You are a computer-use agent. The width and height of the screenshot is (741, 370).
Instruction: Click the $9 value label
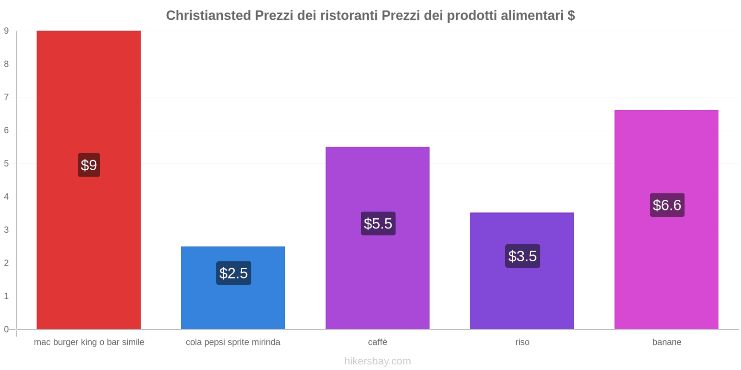[89, 165]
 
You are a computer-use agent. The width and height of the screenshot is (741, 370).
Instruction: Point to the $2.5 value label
[233, 273]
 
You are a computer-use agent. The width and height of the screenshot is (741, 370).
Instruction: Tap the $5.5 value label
[378, 223]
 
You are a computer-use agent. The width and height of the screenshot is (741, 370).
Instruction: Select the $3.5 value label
[522, 256]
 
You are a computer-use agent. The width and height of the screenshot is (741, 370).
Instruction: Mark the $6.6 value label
[667, 205]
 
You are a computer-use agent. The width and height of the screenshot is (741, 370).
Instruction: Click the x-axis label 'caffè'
[377, 342]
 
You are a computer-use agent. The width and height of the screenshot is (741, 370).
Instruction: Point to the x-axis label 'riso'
[522, 342]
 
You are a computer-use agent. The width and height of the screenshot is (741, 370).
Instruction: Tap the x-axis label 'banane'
[666, 342]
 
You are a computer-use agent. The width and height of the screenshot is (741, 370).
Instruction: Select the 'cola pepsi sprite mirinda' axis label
[233, 342]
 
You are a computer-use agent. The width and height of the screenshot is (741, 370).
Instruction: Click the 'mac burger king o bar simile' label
[89, 342]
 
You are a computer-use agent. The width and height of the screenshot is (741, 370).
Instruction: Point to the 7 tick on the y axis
[6, 97]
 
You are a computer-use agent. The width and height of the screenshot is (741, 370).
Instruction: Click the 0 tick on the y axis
[6, 329]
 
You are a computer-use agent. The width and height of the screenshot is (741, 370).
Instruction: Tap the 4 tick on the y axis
[6, 197]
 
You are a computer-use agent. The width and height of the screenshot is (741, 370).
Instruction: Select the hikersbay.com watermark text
[377, 361]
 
